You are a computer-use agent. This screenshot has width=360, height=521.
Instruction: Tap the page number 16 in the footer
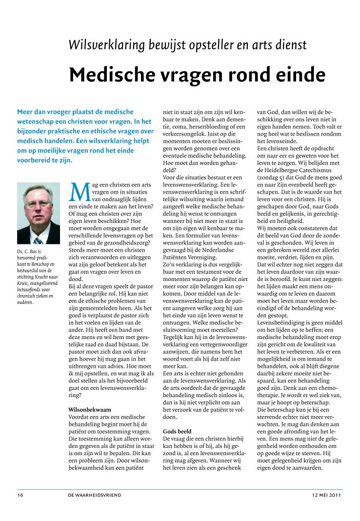coord(20,495)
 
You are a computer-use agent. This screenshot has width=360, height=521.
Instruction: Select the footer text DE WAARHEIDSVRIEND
coord(95,495)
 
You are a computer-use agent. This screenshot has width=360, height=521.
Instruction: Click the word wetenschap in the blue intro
coord(38,121)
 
